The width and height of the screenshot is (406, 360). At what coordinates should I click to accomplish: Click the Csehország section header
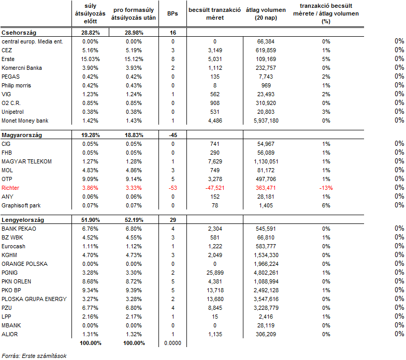[19, 33]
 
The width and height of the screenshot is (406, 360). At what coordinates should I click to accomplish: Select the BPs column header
[172, 13]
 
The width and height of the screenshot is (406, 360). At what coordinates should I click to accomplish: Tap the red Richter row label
[10, 188]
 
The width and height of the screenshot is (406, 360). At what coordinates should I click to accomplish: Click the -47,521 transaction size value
[215, 188]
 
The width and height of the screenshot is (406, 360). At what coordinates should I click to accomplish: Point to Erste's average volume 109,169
[266, 59]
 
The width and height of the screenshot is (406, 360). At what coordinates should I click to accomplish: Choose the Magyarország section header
[22, 136]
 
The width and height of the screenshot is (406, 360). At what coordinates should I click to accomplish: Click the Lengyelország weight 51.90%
[90, 220]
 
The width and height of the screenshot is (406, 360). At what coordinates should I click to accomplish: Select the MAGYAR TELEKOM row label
[27, 161]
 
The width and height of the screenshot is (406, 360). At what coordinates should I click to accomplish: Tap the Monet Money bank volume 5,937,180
[266, 121]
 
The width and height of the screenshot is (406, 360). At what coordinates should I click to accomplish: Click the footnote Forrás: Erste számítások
[34, 356]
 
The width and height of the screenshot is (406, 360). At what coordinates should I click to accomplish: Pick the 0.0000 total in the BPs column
[173, 343]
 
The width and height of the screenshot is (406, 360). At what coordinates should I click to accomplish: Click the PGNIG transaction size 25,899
[215, 273]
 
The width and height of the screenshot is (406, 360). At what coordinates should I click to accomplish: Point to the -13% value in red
[326, 188]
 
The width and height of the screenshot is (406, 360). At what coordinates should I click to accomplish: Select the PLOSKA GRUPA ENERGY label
[34, 299]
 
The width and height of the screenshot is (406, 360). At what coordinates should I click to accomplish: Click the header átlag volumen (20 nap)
[266, 14]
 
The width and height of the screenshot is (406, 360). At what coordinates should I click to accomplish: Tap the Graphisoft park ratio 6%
[326, 206]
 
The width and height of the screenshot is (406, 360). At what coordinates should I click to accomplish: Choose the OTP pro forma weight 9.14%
[134, 179]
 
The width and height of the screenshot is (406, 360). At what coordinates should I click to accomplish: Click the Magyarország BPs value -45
[173, 136]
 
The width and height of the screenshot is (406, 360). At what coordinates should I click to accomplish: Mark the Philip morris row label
[17, 86]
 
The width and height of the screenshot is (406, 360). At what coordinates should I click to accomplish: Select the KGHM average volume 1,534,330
[266, 256]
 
